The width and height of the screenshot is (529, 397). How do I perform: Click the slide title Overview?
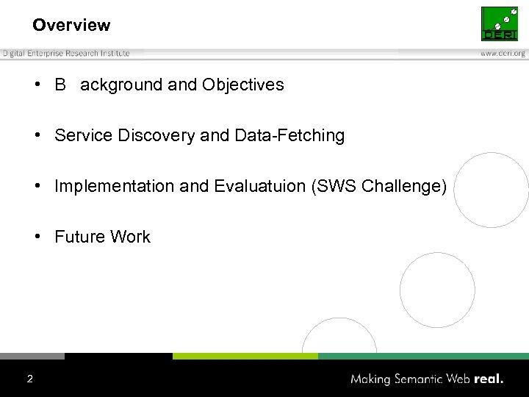tap(71, 25)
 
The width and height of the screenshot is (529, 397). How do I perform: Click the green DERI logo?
tap(499, 24)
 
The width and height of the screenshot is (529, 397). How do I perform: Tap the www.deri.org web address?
tap(503, 54)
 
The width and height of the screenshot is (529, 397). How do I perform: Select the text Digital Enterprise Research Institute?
tap(66, 54)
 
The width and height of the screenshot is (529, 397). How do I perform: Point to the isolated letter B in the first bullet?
tap(60, 85)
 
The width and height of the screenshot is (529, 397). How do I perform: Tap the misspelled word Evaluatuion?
tap(260, 186)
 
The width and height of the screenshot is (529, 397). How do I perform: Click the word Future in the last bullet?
tap(79, 237)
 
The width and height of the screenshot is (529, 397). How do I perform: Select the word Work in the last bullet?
tap(130, 237)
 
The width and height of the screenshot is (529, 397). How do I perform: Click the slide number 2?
tap(29, 379)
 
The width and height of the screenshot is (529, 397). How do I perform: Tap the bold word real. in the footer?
tap(489, 379)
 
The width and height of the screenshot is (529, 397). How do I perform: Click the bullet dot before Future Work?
tap(37, 237)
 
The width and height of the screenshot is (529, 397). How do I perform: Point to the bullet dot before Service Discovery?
tap(37, 135)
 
